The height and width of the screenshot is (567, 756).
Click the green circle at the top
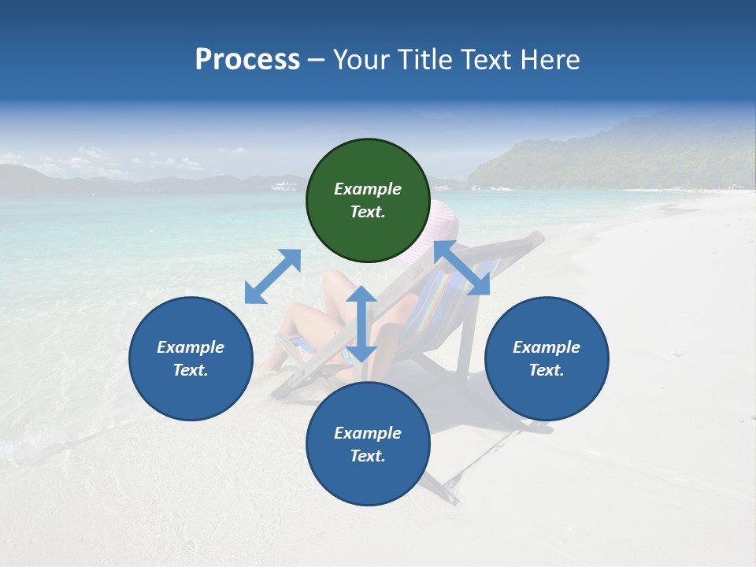pyautogui.click(x=368, y=201)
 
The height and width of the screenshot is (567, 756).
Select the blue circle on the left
pyautogui.click(x=191, y=358)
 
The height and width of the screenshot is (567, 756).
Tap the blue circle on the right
pyautogui.click(x=547, y=358)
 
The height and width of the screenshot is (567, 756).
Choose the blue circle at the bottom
pyautogui.click(x=368, y=444)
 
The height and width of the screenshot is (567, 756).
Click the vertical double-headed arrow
pyautogui.click(x=361, y=324)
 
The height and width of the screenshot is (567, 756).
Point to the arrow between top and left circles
pyautogui.click(x=272, y=276)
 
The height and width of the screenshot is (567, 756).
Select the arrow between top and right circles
pyautogui.click(x=461, y=268)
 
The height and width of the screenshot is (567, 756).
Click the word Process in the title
pyautogui.click(x=247, y=59)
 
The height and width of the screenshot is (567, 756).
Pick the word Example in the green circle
pyautogui.click(x=368, y=189)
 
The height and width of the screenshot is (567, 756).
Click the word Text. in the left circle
pyautogui.click(x=191, y=370)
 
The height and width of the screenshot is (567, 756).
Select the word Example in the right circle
pyautogui.click(x=547, y=347)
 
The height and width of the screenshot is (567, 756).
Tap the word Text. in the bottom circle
pyautogui.click(x=368, y=456)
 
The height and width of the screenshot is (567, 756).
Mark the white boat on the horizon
pyautogui.click(x=284, y=187)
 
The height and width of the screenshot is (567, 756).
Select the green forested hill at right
pyautogui.click(x=630, y=157)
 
